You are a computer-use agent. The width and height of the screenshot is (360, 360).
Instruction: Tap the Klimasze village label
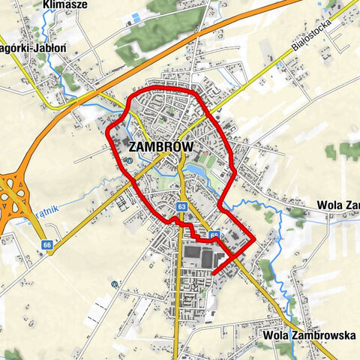point(65,5)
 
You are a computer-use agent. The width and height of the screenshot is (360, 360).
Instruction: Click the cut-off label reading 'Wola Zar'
point(338,204)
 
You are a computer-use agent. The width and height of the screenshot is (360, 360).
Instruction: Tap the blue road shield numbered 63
point(182,205)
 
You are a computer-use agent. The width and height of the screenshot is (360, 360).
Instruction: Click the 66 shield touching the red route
point(214,235)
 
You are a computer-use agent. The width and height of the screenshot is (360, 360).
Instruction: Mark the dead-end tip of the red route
point(214,273)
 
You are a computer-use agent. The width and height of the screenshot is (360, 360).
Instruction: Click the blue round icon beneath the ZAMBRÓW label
point(130,160)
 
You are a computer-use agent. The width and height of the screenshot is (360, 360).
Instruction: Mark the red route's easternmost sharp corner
point(255,239)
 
